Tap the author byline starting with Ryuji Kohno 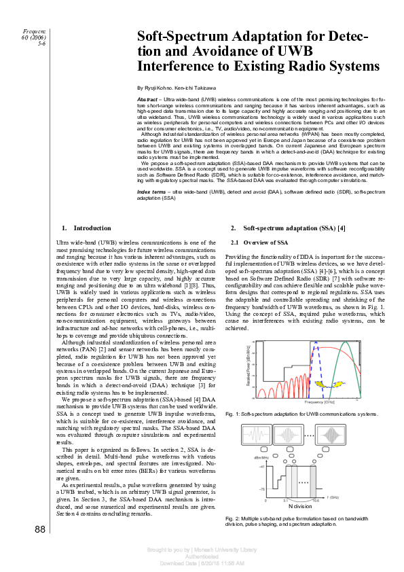[177, 88]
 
